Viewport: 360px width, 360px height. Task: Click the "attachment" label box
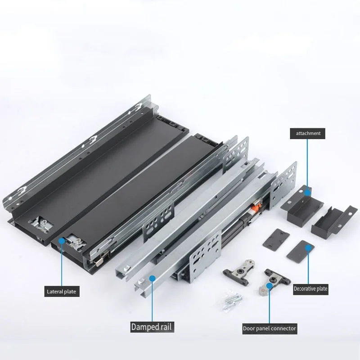(x=308, y=133)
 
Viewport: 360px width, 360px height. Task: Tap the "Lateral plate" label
(x=62, y=292)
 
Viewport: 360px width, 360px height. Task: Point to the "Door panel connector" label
(x=270, y=328)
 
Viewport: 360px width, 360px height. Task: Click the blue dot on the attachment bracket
(x=308, y=193)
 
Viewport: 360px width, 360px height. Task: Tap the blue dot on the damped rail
(x=153, y=279)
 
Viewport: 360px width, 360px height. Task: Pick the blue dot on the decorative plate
(x=308, y=247)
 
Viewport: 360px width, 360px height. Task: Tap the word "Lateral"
(x=55, y=292)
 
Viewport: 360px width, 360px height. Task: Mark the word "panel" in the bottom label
(x=265, y=328)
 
